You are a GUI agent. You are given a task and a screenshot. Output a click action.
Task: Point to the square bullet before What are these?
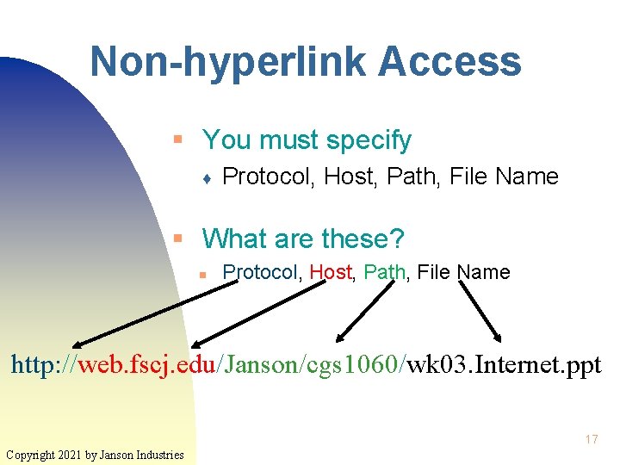pyautogui.click(x=177, y=237)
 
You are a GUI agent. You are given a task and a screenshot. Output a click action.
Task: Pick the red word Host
pyautogui.click(x=331, y=273)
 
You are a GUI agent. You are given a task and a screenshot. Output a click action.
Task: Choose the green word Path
pyautogui.click(x=385, y=273)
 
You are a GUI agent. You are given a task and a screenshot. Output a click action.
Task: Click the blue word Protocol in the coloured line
pyautogui.click(x=260, y=273)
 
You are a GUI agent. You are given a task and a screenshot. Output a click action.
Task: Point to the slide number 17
pyautogui.click(x=591, y=439)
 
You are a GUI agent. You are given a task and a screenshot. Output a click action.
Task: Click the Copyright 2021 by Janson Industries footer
pyautogui.click(x=95, y=454)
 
